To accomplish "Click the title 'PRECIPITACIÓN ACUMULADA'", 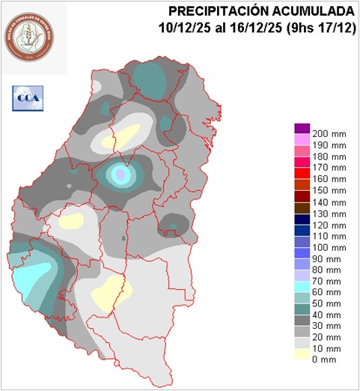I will (260, 11).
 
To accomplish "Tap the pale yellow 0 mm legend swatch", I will (302, 355).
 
